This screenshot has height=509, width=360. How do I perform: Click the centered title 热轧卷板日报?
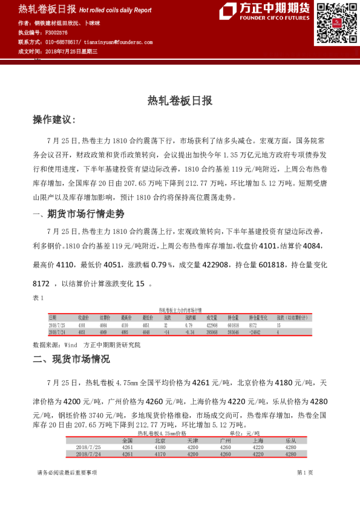pyautogui.click(x=180, y=101)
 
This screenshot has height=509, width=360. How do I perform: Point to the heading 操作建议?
pyautogui.click(x=55, y=120)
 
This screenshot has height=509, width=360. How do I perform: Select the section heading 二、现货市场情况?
pyautogui.click(x=71, y=358)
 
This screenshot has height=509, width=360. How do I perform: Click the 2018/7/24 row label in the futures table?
pyautogui.click(x=60, y=332)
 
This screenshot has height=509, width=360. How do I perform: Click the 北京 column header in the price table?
pyautogui.click(x=159, y=441)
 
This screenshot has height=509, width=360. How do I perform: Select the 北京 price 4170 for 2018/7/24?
pyautogui.click(x=159, y=453)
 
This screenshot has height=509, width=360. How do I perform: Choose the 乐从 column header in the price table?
pyautogui.click(x=290, y=441)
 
